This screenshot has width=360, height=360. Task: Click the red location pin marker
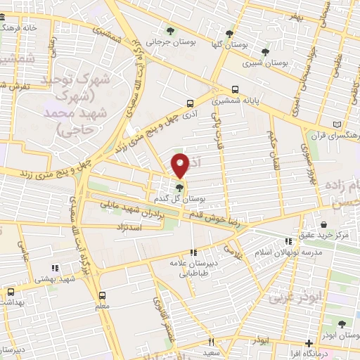point(181,165)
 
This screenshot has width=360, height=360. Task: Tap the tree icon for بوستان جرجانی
point(170,30)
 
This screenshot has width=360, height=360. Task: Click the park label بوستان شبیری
point(265,63)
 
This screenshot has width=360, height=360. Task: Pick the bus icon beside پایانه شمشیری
point(235,89)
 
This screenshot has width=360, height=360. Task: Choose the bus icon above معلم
point(103,295)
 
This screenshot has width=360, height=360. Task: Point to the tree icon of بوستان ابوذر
point(341,324)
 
